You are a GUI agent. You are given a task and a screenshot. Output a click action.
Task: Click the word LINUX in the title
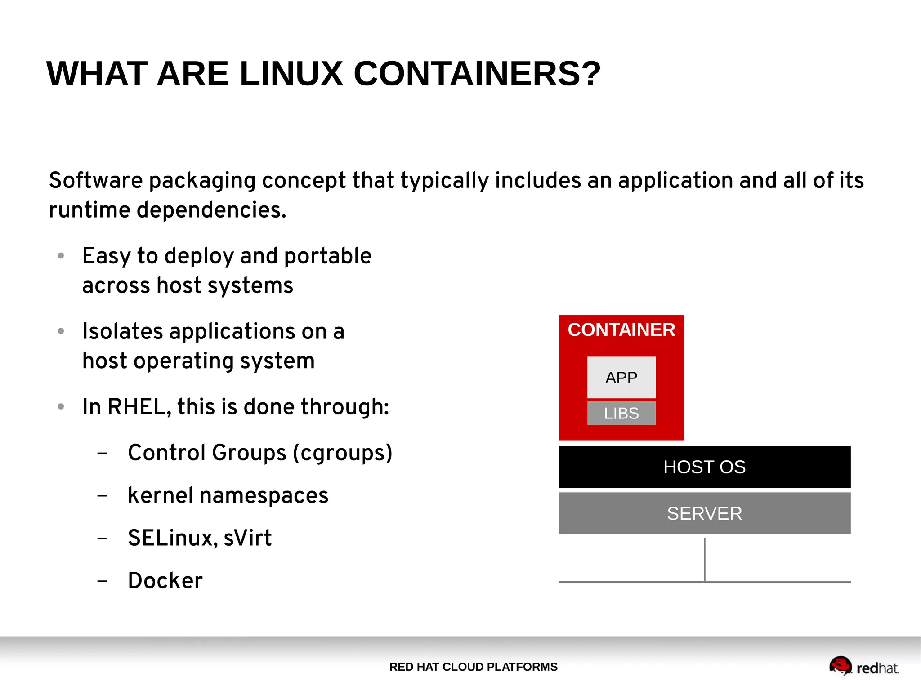pos(291,74)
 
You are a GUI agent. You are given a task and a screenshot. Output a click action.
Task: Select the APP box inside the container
pos(621,378)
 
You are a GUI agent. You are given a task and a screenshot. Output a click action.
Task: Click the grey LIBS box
pos(621,413)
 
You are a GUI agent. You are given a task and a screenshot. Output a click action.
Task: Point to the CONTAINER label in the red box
pos(621,330)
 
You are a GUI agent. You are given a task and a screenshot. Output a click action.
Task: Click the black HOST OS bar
pos(704,467)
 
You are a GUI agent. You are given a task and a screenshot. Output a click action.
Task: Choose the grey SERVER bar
pos(704,513)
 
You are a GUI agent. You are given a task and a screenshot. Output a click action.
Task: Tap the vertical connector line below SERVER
pos(704,560)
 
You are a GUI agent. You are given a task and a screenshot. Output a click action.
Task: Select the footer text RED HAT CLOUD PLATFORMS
pos(473,667)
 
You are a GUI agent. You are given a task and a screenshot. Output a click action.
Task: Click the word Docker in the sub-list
pos(165,580)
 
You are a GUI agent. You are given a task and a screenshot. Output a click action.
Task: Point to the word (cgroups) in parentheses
pos(343,453)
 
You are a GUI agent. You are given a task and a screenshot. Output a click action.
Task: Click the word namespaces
pos(264,495)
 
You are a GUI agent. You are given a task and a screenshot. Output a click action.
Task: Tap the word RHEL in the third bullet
pos(139,407)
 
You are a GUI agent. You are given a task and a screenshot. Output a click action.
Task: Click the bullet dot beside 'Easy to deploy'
pos(61,256)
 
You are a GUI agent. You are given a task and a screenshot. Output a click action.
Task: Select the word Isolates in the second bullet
pos(122,332)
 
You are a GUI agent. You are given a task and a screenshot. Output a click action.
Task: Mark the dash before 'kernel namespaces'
pos(103,496)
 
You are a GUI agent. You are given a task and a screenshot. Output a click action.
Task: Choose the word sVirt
pos(247,538)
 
